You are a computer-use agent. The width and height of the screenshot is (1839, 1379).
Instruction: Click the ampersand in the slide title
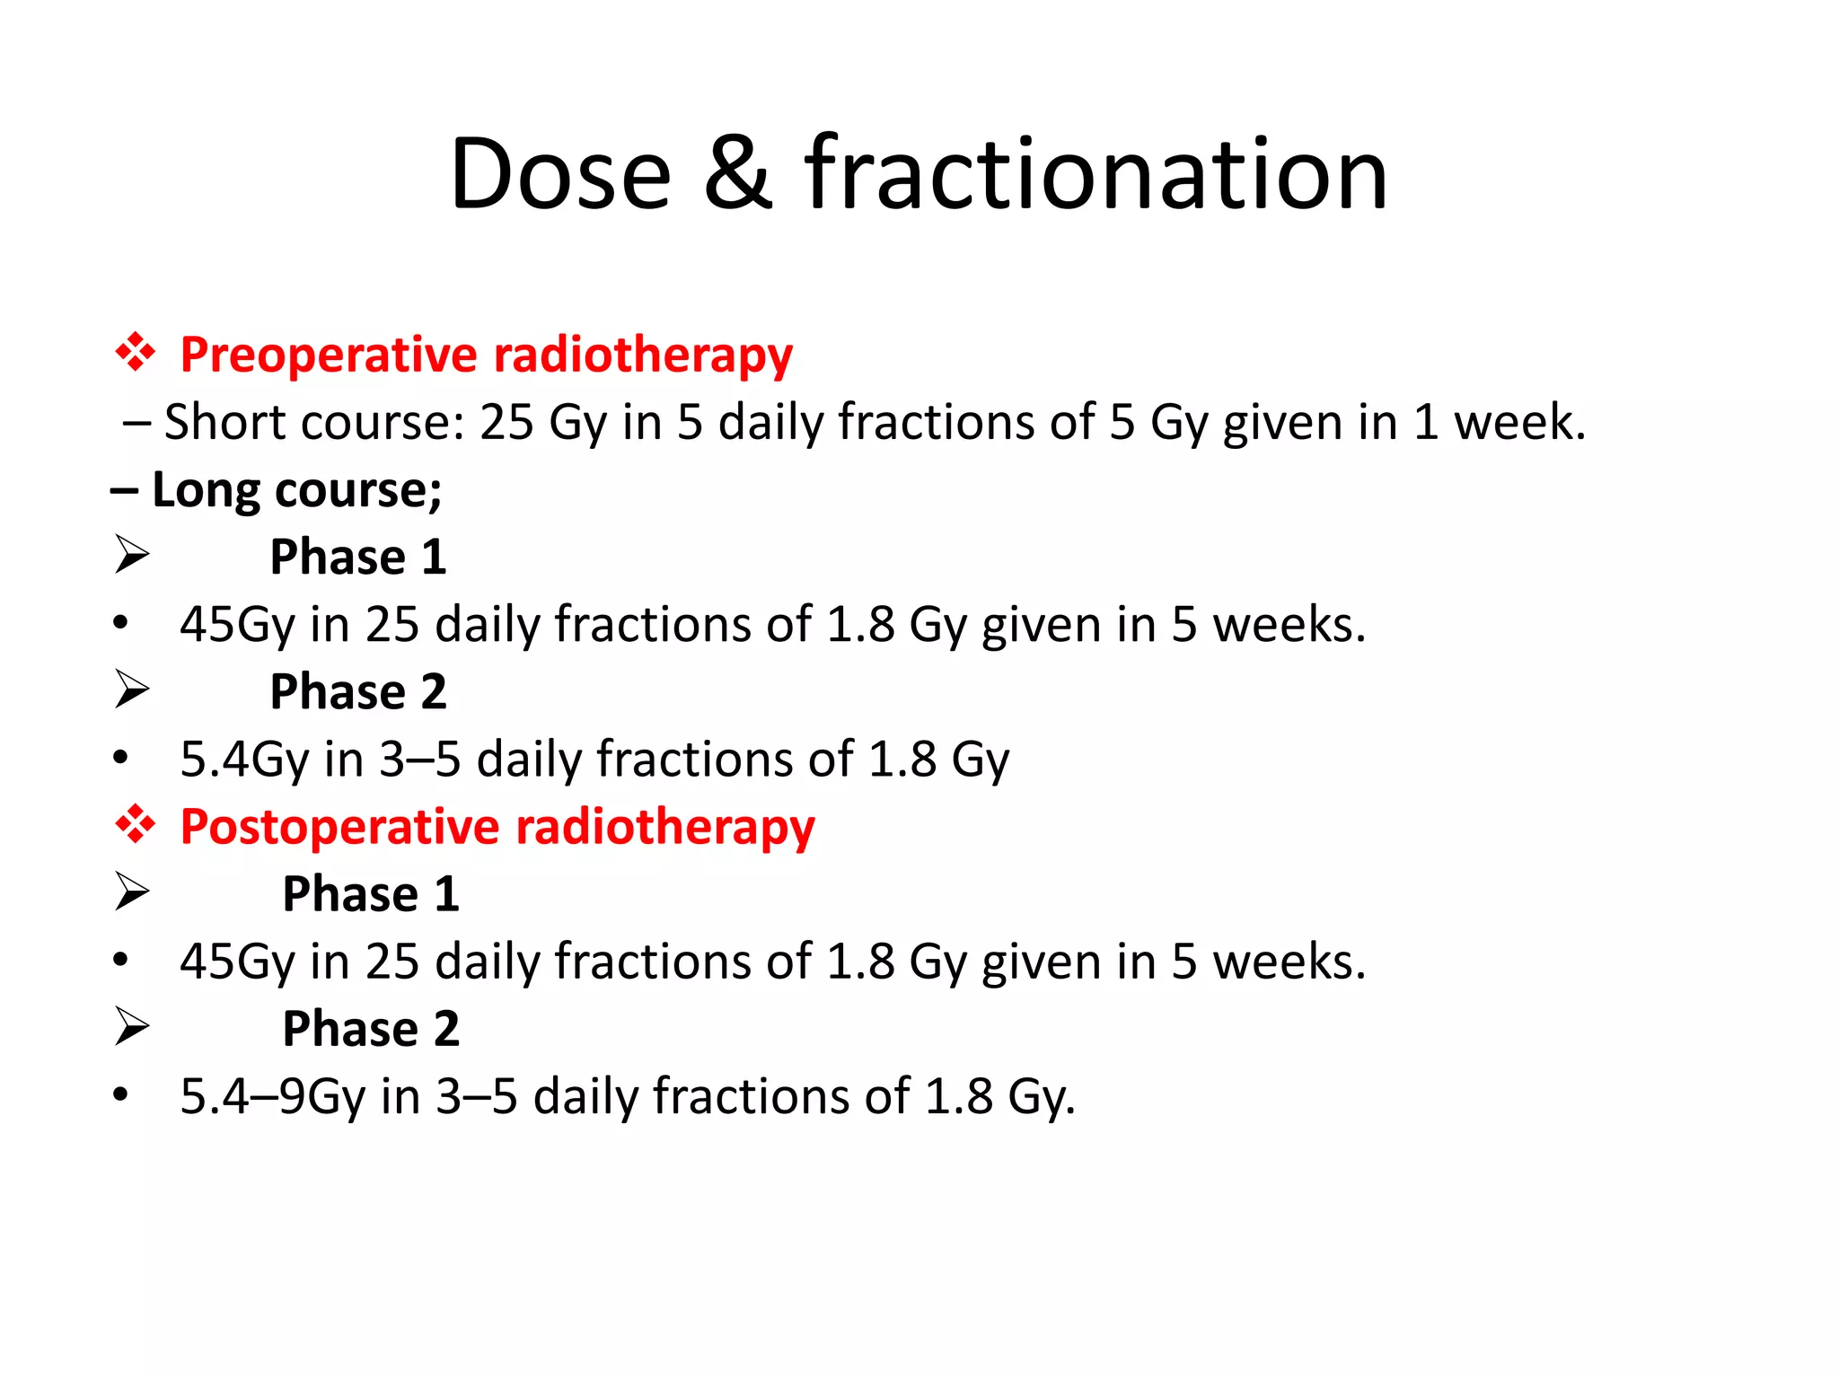point(737,174)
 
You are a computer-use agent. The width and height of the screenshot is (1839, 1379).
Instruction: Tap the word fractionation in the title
point(1095,174)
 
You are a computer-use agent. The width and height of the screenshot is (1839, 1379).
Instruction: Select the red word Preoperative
point(329,356)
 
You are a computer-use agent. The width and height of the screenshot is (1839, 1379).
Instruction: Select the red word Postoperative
point(339,827)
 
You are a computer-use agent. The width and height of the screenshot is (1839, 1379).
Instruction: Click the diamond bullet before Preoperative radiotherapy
point(136,353)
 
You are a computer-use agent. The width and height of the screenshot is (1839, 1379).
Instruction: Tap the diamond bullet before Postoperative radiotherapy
point(136,824)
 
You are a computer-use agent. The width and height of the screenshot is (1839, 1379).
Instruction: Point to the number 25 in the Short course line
point(506,422)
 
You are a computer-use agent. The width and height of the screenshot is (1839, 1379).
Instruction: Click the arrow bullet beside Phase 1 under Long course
point(132,555)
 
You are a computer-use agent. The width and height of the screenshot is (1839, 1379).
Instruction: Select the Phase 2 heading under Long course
point(358,692)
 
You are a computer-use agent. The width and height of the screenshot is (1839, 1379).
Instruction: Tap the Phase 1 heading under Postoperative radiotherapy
point(370,894)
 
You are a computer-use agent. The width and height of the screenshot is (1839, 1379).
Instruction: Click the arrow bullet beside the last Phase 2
point(132,1026)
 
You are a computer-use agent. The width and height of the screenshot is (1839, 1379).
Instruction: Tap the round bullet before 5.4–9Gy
point(121,1095)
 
